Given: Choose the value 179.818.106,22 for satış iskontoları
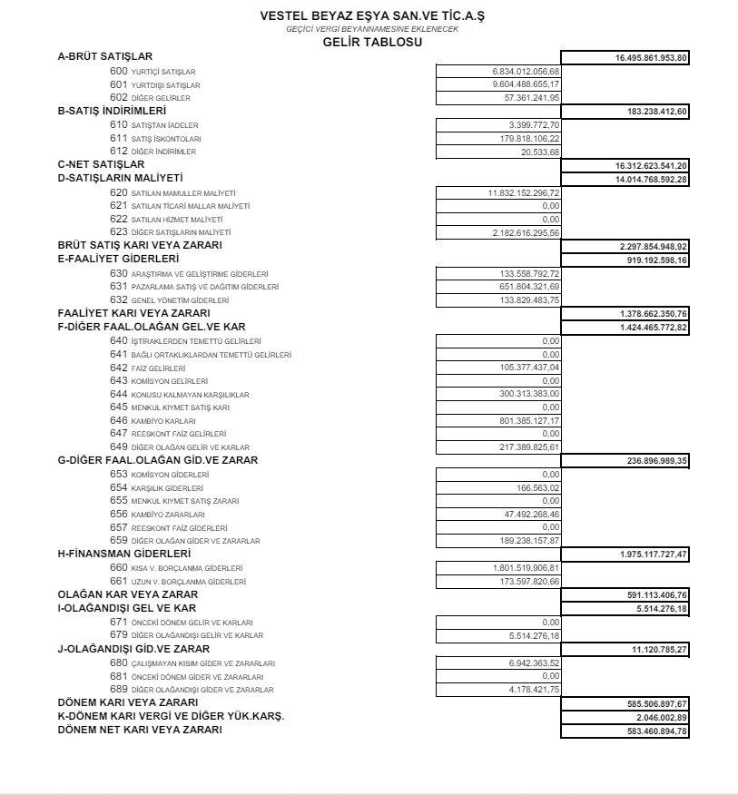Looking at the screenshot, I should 534,138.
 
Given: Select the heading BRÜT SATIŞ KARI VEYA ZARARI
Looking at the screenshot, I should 140,246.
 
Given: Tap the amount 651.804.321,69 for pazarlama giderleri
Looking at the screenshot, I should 534,287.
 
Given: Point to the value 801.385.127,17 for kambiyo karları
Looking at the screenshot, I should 534,421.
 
